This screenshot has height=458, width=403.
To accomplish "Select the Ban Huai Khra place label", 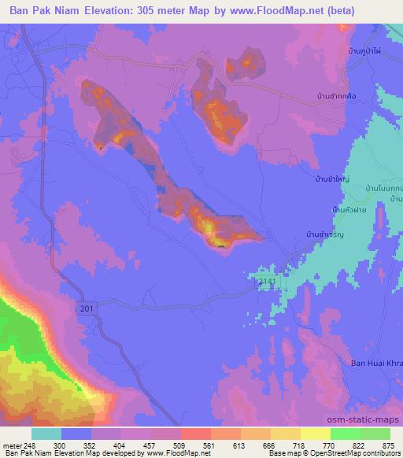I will click(375, 363).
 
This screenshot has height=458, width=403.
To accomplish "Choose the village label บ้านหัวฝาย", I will click(349, 210).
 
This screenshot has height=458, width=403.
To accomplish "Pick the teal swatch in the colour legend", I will click(46, 434).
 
